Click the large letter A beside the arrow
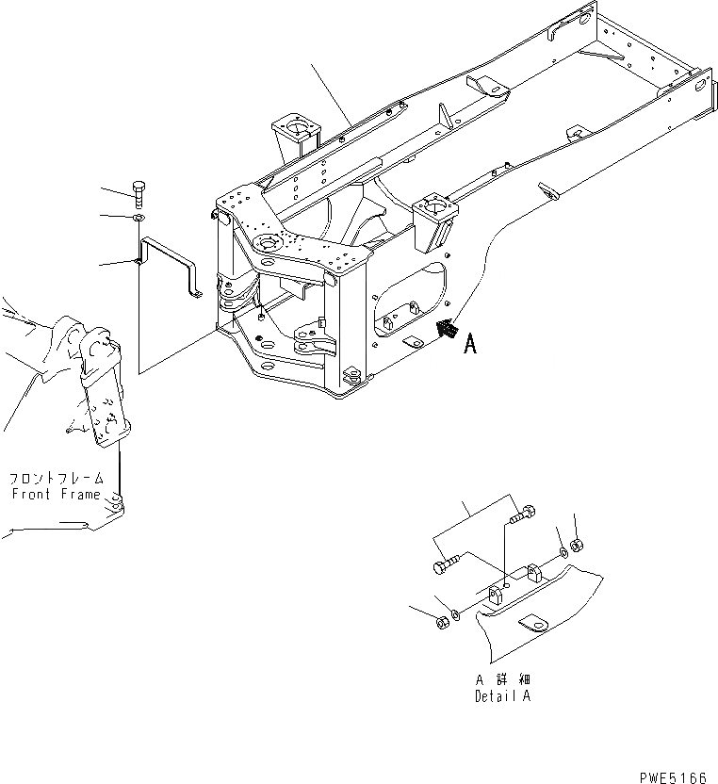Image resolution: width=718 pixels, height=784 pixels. [470, 345]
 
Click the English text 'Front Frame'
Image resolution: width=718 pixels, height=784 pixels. [57, 494]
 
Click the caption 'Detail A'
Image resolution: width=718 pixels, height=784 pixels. [503, 697]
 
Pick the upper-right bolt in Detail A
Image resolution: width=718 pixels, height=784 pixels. [521, 515]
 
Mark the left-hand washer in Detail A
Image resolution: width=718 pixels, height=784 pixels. [455, 614]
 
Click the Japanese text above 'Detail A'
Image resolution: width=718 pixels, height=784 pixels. [503, 679]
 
